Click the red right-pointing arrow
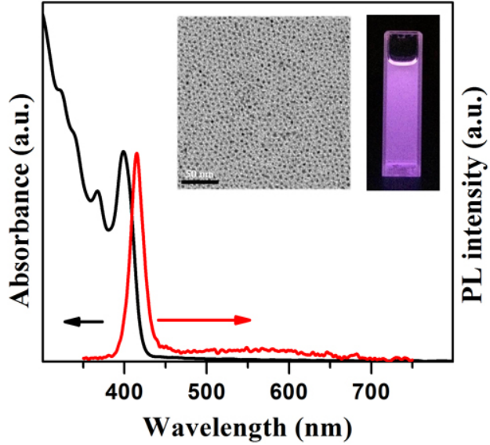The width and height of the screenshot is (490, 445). (x=204, y=319)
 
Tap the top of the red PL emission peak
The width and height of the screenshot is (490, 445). (x=137, y=154)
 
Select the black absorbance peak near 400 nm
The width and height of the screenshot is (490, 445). (x=124, y=151)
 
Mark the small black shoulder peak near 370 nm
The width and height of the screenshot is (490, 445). (x=97, y=191)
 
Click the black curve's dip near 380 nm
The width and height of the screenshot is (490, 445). (x=109, y=230)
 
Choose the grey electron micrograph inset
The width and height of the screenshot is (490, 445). (x=264, y=102)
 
